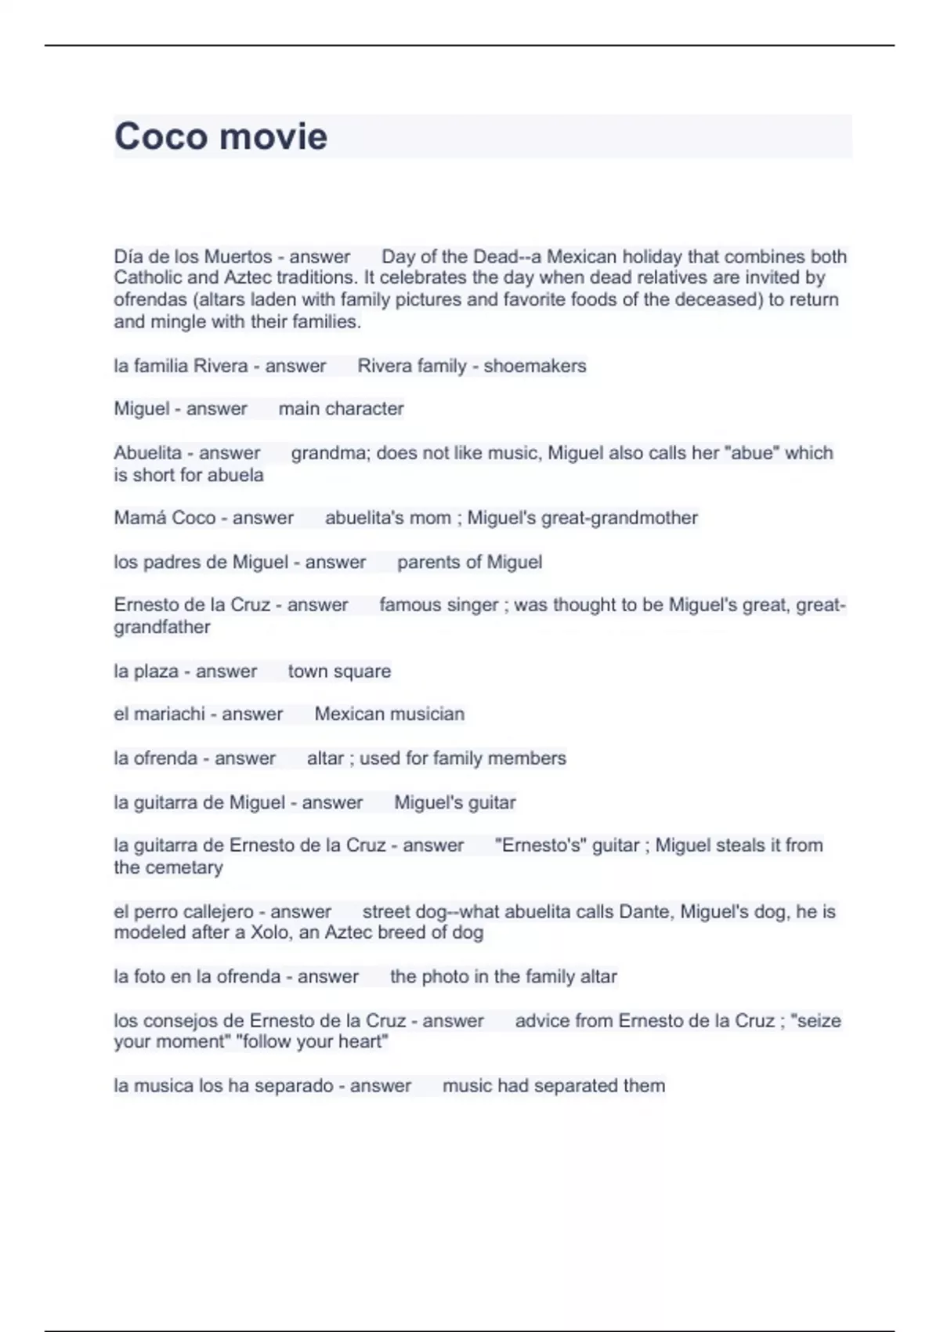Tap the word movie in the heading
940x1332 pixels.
point(273,136)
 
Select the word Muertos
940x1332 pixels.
point(237,257)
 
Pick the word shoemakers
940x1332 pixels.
point(534,366)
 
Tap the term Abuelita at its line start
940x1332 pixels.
point(147,453)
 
